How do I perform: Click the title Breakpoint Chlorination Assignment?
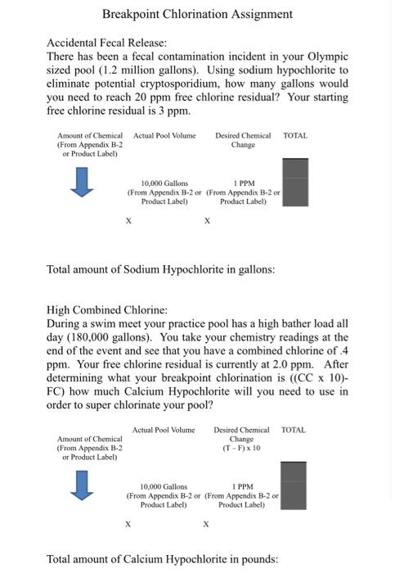[x=197, y=14]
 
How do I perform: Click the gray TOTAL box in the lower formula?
[x=294, y=485]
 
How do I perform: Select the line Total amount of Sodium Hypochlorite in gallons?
[x=160, y=268]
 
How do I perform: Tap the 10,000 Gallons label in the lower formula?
[x=164, y=486]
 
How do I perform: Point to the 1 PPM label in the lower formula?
[x=243, y=486]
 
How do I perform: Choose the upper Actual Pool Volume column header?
[x=164, y=135]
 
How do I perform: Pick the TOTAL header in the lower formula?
[x=294, y=430]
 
